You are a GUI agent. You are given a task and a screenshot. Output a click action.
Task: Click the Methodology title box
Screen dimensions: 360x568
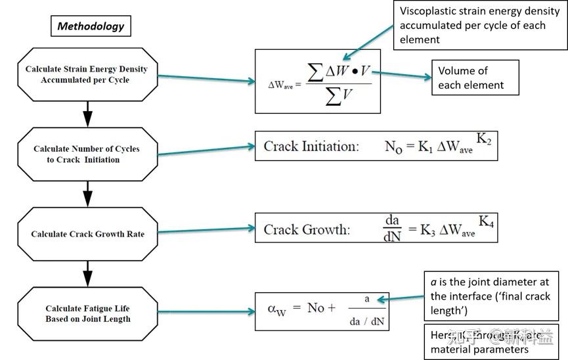(90, 26)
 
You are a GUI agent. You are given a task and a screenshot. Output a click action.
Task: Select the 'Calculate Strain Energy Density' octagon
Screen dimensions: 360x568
(87, 74)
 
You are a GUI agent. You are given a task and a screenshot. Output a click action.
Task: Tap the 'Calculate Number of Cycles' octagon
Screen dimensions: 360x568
(87, 154)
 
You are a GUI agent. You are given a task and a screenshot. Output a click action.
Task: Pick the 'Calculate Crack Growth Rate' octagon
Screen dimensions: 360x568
(87, 234)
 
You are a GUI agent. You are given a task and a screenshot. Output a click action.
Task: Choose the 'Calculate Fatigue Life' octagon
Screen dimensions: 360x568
(87, 313)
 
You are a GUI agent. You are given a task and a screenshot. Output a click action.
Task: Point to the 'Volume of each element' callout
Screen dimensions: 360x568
(474, 78)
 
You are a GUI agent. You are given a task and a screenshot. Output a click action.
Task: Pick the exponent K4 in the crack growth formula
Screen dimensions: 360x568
(486, 221)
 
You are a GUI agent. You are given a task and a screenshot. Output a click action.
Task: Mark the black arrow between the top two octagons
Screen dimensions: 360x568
(87, 114)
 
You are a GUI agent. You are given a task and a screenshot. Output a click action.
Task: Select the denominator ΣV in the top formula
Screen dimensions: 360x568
(339, 97)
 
